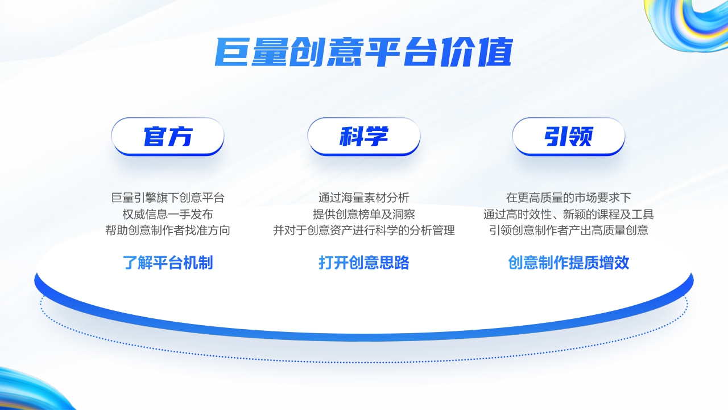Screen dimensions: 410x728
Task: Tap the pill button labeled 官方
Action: tap(168, 137)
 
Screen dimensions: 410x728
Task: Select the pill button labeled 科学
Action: tap(364, 137)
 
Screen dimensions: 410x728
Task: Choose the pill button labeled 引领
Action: tap(569, 137)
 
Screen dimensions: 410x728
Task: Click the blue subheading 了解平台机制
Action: tap(168, 263)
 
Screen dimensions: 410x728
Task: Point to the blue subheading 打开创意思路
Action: tap(364, 263)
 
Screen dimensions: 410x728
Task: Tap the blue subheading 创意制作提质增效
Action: tap(569, 263)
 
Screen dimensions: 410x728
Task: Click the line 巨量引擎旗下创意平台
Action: tap(168, 198)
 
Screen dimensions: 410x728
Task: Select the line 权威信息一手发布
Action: tap(168, 215)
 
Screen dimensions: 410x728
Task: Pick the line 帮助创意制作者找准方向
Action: tap(168, 231)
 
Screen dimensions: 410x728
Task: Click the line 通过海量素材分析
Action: tap(364, 198)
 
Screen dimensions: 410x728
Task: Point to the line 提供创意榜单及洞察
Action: tap(364, 215)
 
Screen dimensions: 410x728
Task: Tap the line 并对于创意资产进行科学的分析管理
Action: tap(364, 231)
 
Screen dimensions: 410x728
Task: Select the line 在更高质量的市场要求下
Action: tap(569, 198)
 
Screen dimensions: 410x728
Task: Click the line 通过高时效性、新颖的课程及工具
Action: tap(569, 215)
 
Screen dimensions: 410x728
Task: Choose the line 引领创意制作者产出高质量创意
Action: tap(569, 231)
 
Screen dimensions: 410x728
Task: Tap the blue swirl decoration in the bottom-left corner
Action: tap(28, 390)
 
